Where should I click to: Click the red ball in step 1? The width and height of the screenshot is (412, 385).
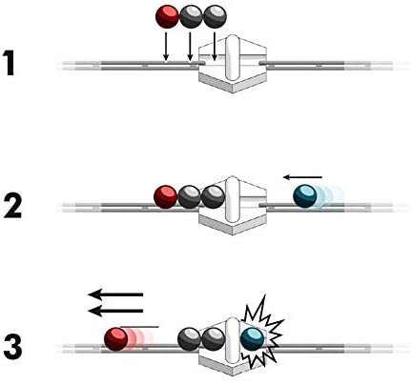(168, 16)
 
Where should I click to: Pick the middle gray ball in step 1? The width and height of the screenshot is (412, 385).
(193, 16)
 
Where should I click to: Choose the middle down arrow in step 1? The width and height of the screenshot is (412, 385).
(191, 48)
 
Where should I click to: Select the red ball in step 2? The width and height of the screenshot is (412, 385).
(167, 196)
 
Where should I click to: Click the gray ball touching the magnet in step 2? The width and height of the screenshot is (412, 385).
(212, 196)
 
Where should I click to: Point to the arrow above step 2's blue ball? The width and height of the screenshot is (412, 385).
(303, 176)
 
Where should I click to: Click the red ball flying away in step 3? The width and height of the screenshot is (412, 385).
(117, 338)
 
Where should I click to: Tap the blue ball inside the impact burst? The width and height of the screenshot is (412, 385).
(252, 337)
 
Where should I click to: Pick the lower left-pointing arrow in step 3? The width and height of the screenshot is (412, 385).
(115, 310)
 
